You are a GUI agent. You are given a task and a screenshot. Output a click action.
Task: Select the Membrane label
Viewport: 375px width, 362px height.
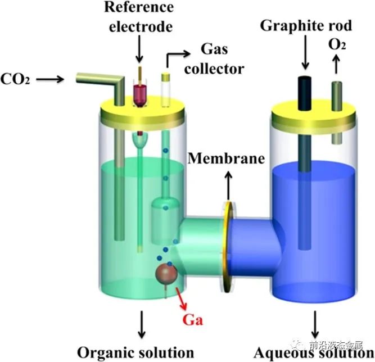point(226,158)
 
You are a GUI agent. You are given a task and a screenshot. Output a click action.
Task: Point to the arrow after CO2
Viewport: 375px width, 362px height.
point(53,80)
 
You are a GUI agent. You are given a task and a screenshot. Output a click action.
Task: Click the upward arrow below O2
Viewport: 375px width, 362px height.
point(336,66)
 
